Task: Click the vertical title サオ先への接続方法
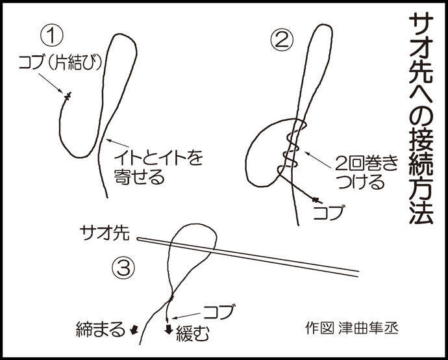[421, 120]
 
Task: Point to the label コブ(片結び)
[60, 62]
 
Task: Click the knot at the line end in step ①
[68, 96]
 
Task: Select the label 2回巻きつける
[367, 172]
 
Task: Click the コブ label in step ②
[328, 212]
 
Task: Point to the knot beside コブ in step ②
[316, 199]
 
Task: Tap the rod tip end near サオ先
[138, 239]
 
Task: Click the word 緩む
[193, 333]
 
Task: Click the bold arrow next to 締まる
[134, 329]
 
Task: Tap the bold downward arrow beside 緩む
[169, 329]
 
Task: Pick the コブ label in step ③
[219, 311]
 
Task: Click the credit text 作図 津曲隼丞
[351, 328]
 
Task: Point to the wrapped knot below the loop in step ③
[171, 298]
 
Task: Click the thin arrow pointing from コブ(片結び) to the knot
[51, 83]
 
